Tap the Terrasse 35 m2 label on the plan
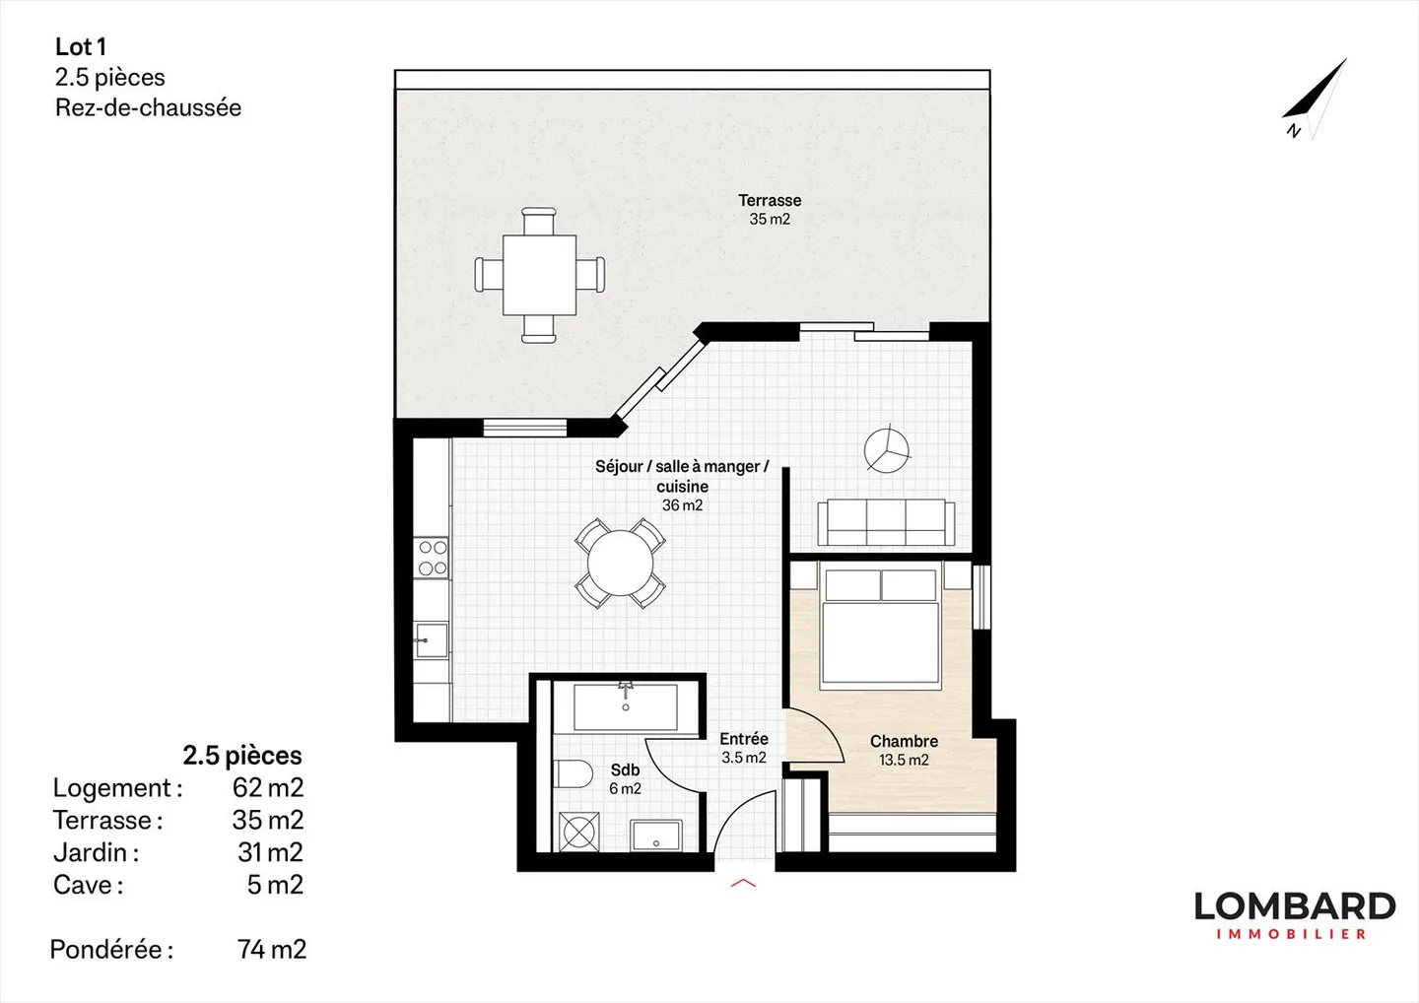pos(770,209)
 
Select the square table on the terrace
pos(539,275)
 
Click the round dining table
pos(621,564)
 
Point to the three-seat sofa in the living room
pos(886,521)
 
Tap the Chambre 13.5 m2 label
pos(904,750)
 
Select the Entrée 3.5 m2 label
pos(743,748)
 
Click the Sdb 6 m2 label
pos(625,778)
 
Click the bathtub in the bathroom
pos(626,706)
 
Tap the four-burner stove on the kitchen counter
pos(433,558)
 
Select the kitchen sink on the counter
pos(431,639)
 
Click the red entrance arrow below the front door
pos(743,884)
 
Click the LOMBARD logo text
pos(1294,906)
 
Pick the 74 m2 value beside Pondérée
pos(272,949)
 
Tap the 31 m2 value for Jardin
pos(270,852)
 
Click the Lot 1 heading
pos(81,46)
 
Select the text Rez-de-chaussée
pos(148,107)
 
